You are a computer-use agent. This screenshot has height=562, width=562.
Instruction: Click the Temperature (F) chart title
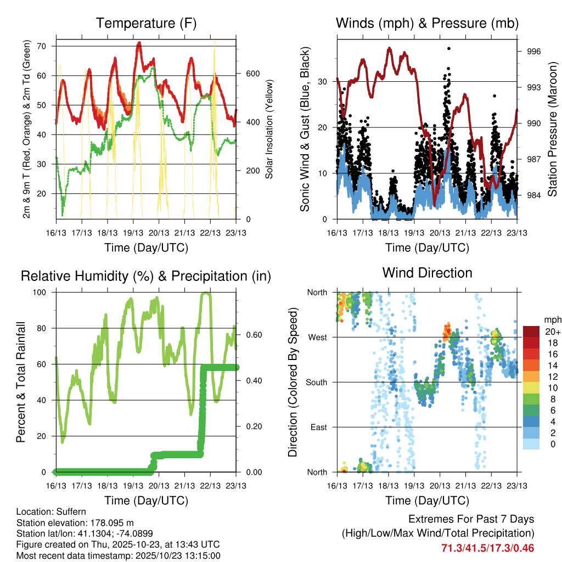(145, 23)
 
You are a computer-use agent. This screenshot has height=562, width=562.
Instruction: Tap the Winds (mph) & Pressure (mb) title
(427, 23)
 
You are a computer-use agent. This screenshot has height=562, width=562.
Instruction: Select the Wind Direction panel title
(427, 272)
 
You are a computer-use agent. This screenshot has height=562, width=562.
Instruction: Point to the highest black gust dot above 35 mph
(449, 49)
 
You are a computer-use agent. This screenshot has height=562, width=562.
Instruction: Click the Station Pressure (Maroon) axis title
(552, 130)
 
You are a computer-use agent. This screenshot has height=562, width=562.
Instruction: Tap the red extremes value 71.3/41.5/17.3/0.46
(487, 548)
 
